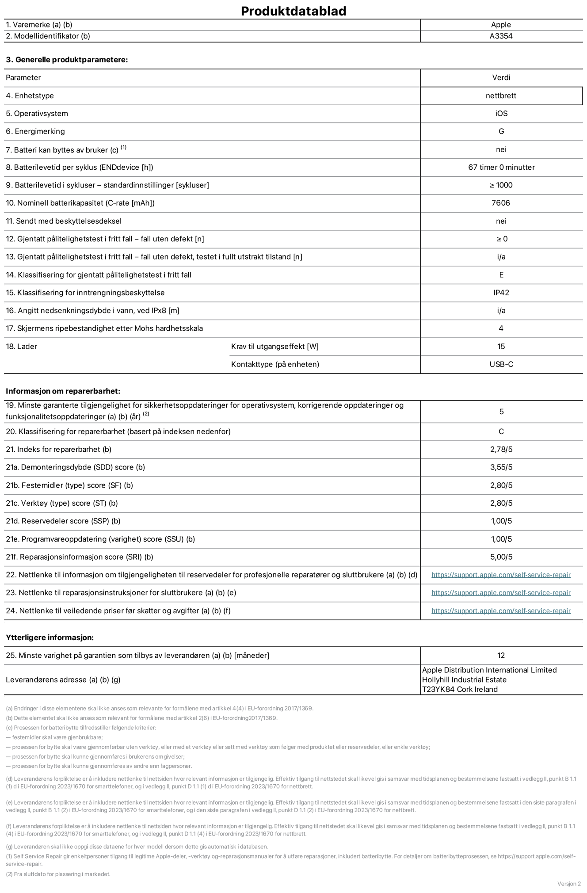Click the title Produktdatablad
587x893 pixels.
[293, 11]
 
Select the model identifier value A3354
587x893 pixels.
[501, 36]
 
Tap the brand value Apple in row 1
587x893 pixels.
[501, 25]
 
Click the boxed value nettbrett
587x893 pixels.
[501, 95]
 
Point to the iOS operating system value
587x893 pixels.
[501, 114]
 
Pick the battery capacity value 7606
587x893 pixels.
[501, 203]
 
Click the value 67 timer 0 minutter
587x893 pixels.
[501, 167]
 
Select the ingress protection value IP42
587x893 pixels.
[501, 293]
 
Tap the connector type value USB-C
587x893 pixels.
[501, 364]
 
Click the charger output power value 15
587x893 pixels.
[501, 347]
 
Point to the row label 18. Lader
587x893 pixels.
[21, 347]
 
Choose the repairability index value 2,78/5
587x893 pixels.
[501, 450]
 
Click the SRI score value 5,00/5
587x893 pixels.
[501, 557]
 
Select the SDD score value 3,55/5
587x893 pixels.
[501, 467]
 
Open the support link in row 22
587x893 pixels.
[501, 575]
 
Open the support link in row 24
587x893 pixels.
[501, 611]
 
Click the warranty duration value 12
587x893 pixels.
[501, 655]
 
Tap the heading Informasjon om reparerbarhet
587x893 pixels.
[63, 391]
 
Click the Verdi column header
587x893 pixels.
[501, 77]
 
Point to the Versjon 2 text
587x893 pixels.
[569, 884]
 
